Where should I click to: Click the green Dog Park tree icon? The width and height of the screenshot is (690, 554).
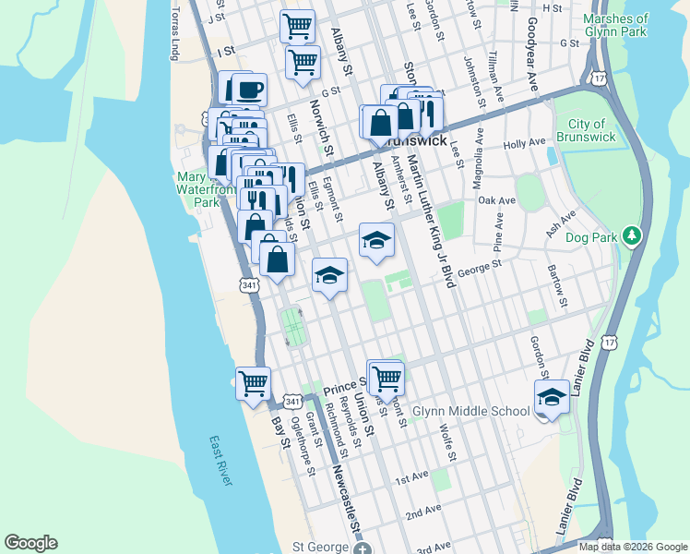click(631, 236)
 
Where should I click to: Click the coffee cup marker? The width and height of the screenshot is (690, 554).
click(249, 90)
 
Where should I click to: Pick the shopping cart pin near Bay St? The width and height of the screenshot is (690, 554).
click(253, 381)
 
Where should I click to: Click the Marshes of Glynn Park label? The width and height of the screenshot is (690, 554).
click(636, 27)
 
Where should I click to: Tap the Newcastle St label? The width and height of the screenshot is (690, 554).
click(346, 499)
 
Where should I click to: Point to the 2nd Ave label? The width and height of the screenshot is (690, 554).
click(423, 512)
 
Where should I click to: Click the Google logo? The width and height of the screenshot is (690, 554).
click(30, 543)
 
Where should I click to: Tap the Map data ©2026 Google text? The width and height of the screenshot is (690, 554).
click(633, 547)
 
